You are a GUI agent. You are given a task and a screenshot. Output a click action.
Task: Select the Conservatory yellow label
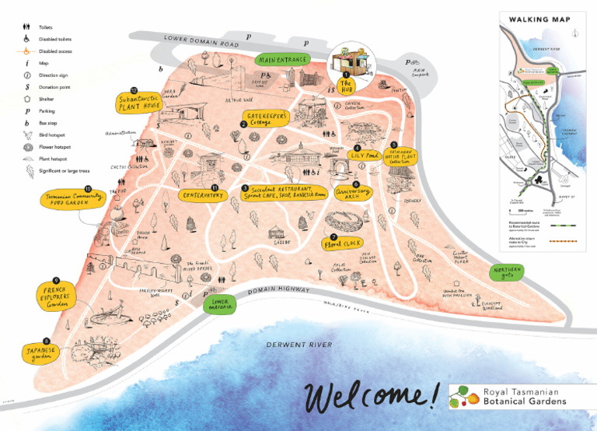pos(204,194)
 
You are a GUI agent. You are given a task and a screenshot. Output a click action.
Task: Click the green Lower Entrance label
pos(219,304)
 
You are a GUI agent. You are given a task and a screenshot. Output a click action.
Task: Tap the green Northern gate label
pos(509,272)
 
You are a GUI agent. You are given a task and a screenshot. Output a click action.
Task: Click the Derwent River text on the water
pos(298,344)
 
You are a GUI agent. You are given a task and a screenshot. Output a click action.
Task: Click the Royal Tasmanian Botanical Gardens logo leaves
pos(463,396)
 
